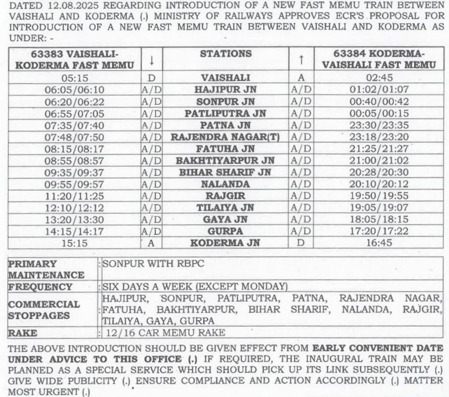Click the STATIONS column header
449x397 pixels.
225,54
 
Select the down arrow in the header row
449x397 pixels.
151,61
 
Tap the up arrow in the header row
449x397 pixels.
301,60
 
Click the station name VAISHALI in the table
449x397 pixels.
225,77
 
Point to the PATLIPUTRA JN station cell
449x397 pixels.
225,114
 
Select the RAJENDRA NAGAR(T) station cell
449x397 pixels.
225,137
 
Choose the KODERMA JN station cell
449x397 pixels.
225,243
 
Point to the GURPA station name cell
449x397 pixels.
225,231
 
